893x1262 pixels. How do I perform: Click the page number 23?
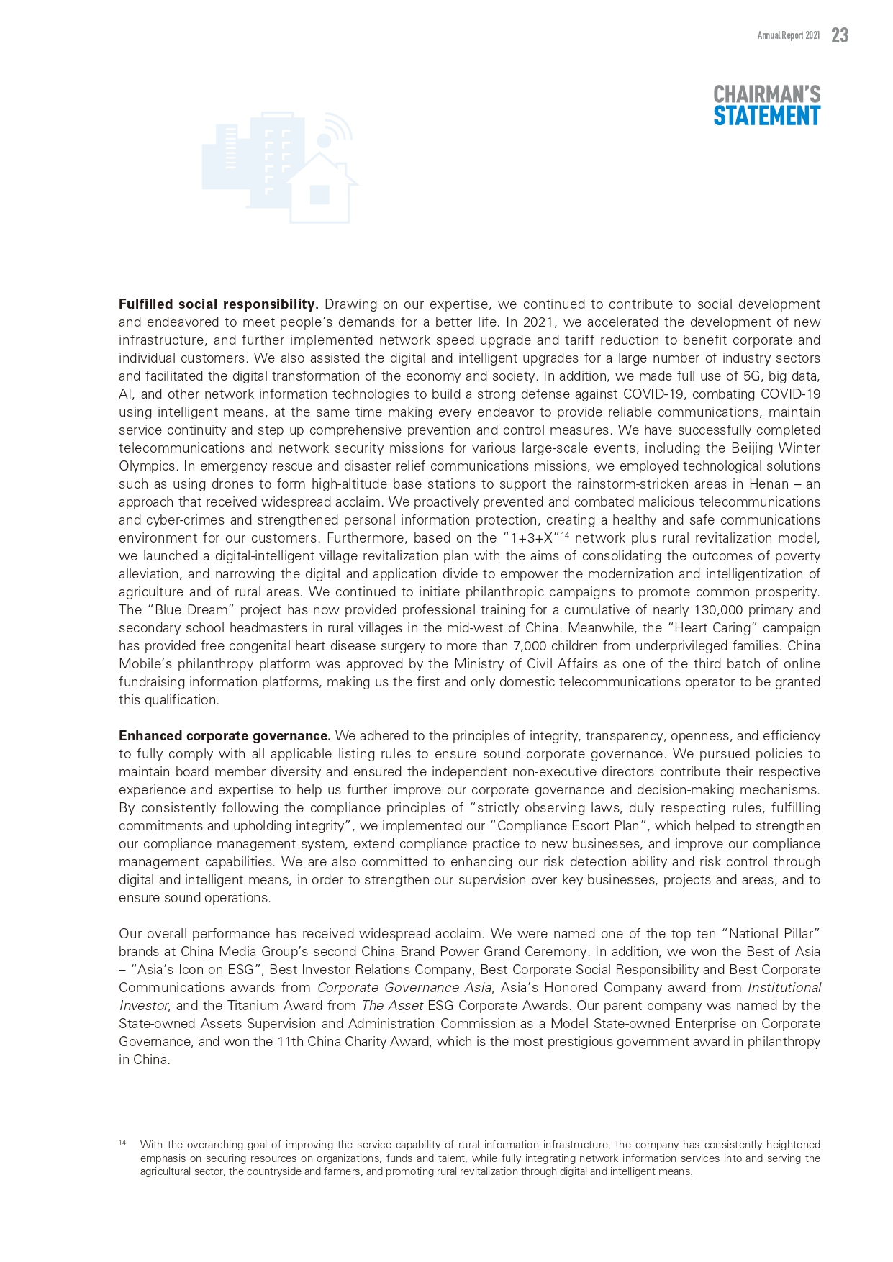pyautogui.click(x=839, y=35)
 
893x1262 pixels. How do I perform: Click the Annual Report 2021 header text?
pyautogui.click(x=788, y=36)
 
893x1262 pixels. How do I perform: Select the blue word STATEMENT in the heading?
pyautogui.click(x=766, y=116)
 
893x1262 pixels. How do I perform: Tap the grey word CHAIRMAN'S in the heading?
pyautogui.click(x=766, y=94)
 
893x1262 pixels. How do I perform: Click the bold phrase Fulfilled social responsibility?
pyautogui.click(x=219, y=304)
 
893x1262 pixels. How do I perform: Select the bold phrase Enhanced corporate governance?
pyautogui.click(x=225, y=736)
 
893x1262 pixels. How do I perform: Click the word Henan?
pyautogui.click(x=769, y=484)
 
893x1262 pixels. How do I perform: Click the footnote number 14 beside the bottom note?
pyautogui.click(x=122, y=1143)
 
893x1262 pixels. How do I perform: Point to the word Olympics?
pyautogui.click(x=147, y=466)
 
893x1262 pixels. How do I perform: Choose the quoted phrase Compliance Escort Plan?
pyautogui.click(x=557, y=826)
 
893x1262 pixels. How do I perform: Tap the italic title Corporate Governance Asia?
pyautogui.click(x=404, y=988)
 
